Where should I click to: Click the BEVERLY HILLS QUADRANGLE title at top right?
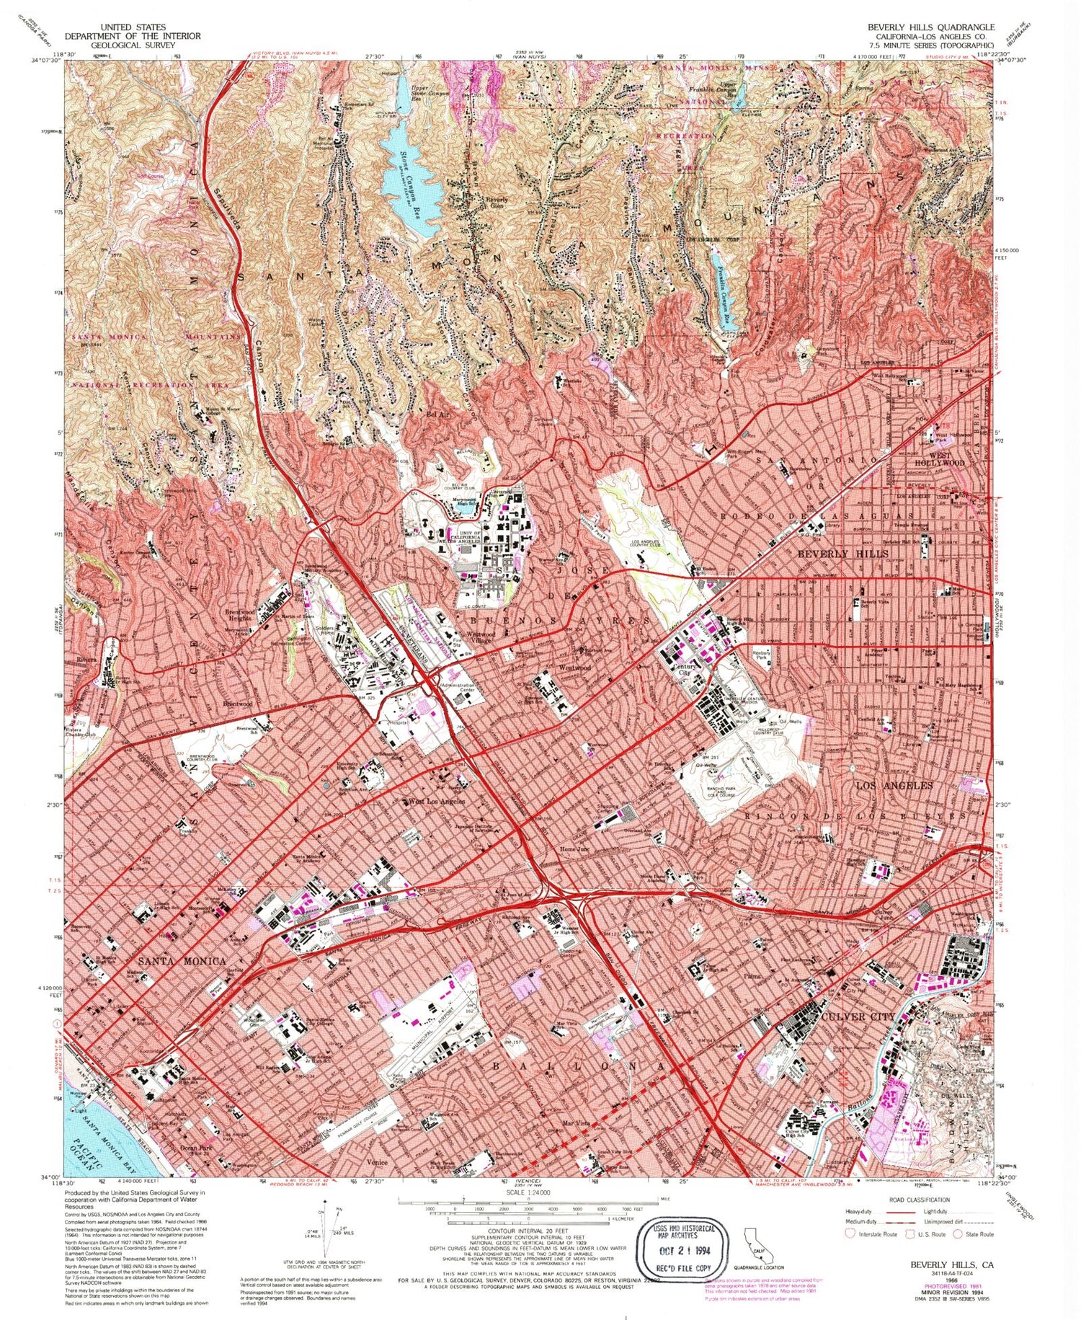(930, 27)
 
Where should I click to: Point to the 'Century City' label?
(683, 670)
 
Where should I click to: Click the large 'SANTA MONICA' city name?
(172, 961)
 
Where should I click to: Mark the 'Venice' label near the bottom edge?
(377, 1162)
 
